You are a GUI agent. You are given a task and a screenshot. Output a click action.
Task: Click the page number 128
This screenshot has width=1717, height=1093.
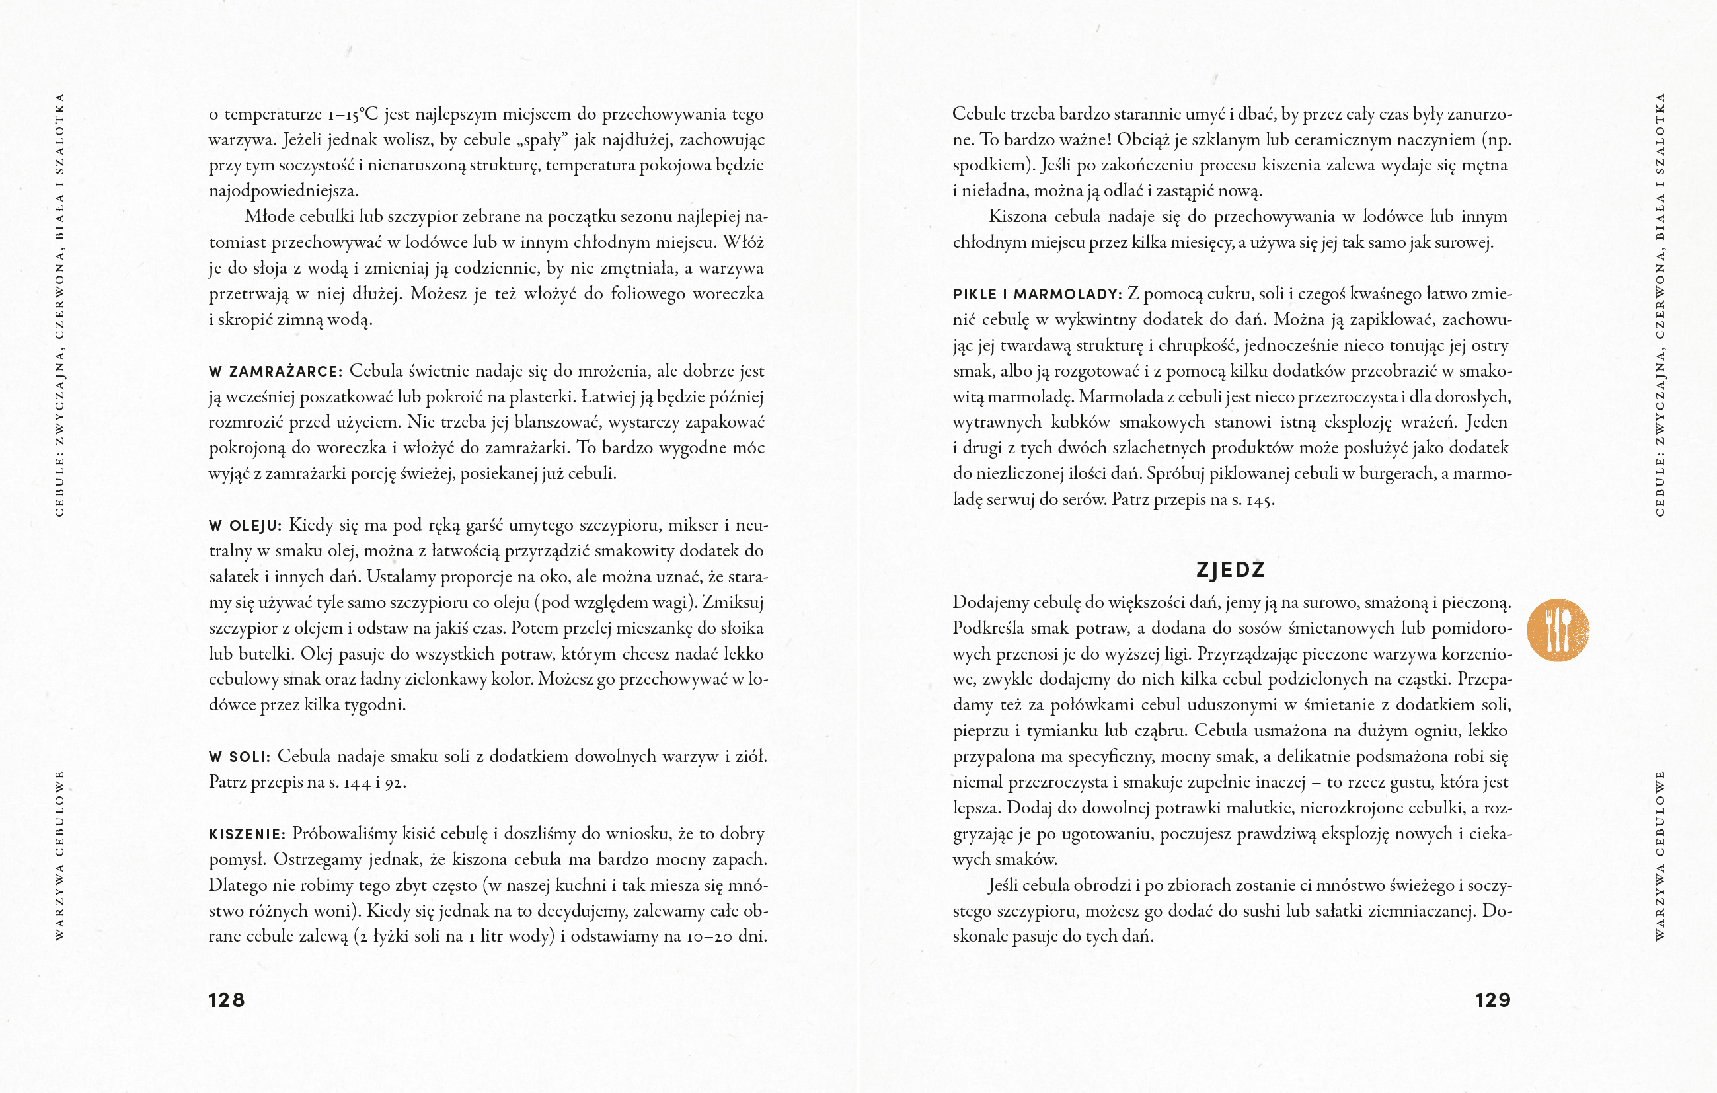(226, 1000)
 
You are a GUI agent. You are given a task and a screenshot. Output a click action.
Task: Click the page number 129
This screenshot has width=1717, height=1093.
(1492, 1000)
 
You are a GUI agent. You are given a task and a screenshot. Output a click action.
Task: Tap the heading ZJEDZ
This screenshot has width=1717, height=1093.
(1230, 570)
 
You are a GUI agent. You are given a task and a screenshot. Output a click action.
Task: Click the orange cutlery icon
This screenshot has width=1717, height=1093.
(1558, 630)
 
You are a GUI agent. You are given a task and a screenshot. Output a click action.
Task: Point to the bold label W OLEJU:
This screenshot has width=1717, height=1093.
(245, 526)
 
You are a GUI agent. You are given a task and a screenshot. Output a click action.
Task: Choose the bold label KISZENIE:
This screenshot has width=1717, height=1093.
(247, 834)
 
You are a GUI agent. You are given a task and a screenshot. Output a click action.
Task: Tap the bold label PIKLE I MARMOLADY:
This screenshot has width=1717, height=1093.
(1037, 295)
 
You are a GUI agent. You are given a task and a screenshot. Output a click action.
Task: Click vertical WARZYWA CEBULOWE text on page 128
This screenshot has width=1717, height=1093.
(60, 856)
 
